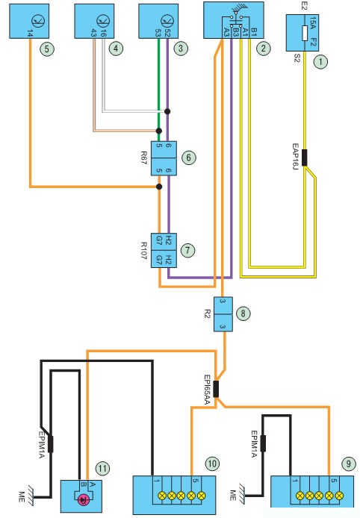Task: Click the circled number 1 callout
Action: [320, 62]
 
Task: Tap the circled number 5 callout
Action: [46, 49]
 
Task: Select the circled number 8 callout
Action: [243, 313]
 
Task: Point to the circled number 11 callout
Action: [102, 468]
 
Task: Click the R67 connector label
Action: [144, 158]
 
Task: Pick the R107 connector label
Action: [144, 251]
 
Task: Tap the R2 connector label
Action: [208, 313]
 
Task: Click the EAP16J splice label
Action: [295, 156]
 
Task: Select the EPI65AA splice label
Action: [207, 390]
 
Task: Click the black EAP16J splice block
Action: [305, 157]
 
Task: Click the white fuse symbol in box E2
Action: [305, 33]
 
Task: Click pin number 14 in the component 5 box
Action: [30, 34]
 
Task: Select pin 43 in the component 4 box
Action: [94, 33]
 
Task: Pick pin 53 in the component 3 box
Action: [158, 33]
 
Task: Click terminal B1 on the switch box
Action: [253, 31]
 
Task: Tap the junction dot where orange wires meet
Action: [159, 187]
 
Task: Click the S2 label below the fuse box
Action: [297, 59]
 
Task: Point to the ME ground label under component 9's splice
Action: [233, 495]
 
